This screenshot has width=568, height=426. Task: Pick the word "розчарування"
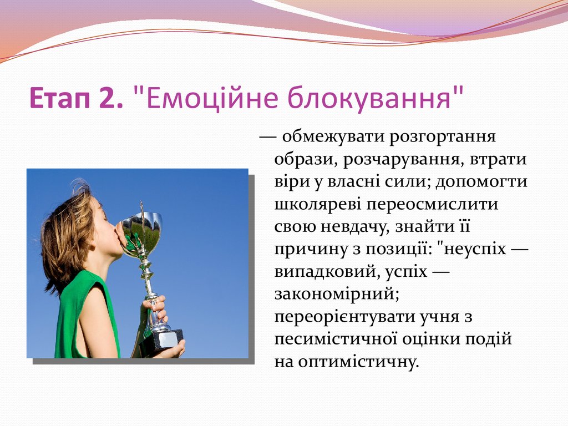(402, 160)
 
